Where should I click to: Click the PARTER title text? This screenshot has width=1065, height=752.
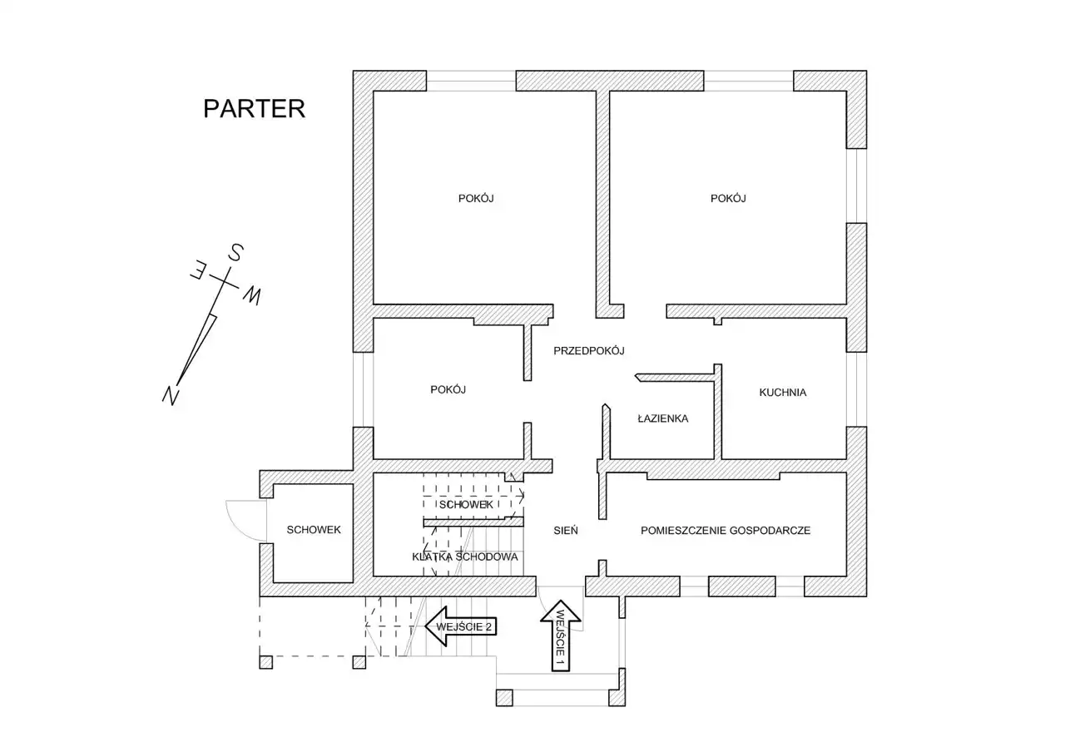point(254,109)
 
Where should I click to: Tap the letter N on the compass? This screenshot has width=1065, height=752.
point(172,395)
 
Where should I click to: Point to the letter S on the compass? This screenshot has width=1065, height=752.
point(235,252)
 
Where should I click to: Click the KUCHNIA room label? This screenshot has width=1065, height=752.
point(782,393)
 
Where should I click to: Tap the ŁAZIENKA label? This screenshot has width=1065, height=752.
point(662,418)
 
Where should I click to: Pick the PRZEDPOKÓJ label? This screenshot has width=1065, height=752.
point(589,351)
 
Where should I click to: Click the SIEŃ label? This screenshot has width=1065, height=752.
point(566,530)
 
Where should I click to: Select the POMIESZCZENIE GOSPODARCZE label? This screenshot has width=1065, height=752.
point(726,530)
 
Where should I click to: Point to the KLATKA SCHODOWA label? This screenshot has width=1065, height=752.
point(465,557)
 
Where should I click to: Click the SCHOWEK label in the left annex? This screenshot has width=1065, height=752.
point(314,530)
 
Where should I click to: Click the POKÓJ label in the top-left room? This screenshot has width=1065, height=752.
point(477,198)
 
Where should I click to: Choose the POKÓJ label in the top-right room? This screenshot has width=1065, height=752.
point(728,198)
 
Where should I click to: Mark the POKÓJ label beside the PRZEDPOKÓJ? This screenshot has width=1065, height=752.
point(448,389)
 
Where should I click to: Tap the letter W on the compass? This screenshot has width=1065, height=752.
point(252,294)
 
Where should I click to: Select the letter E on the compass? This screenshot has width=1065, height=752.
point(200,270)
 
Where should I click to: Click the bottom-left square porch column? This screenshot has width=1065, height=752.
point(265,662)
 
